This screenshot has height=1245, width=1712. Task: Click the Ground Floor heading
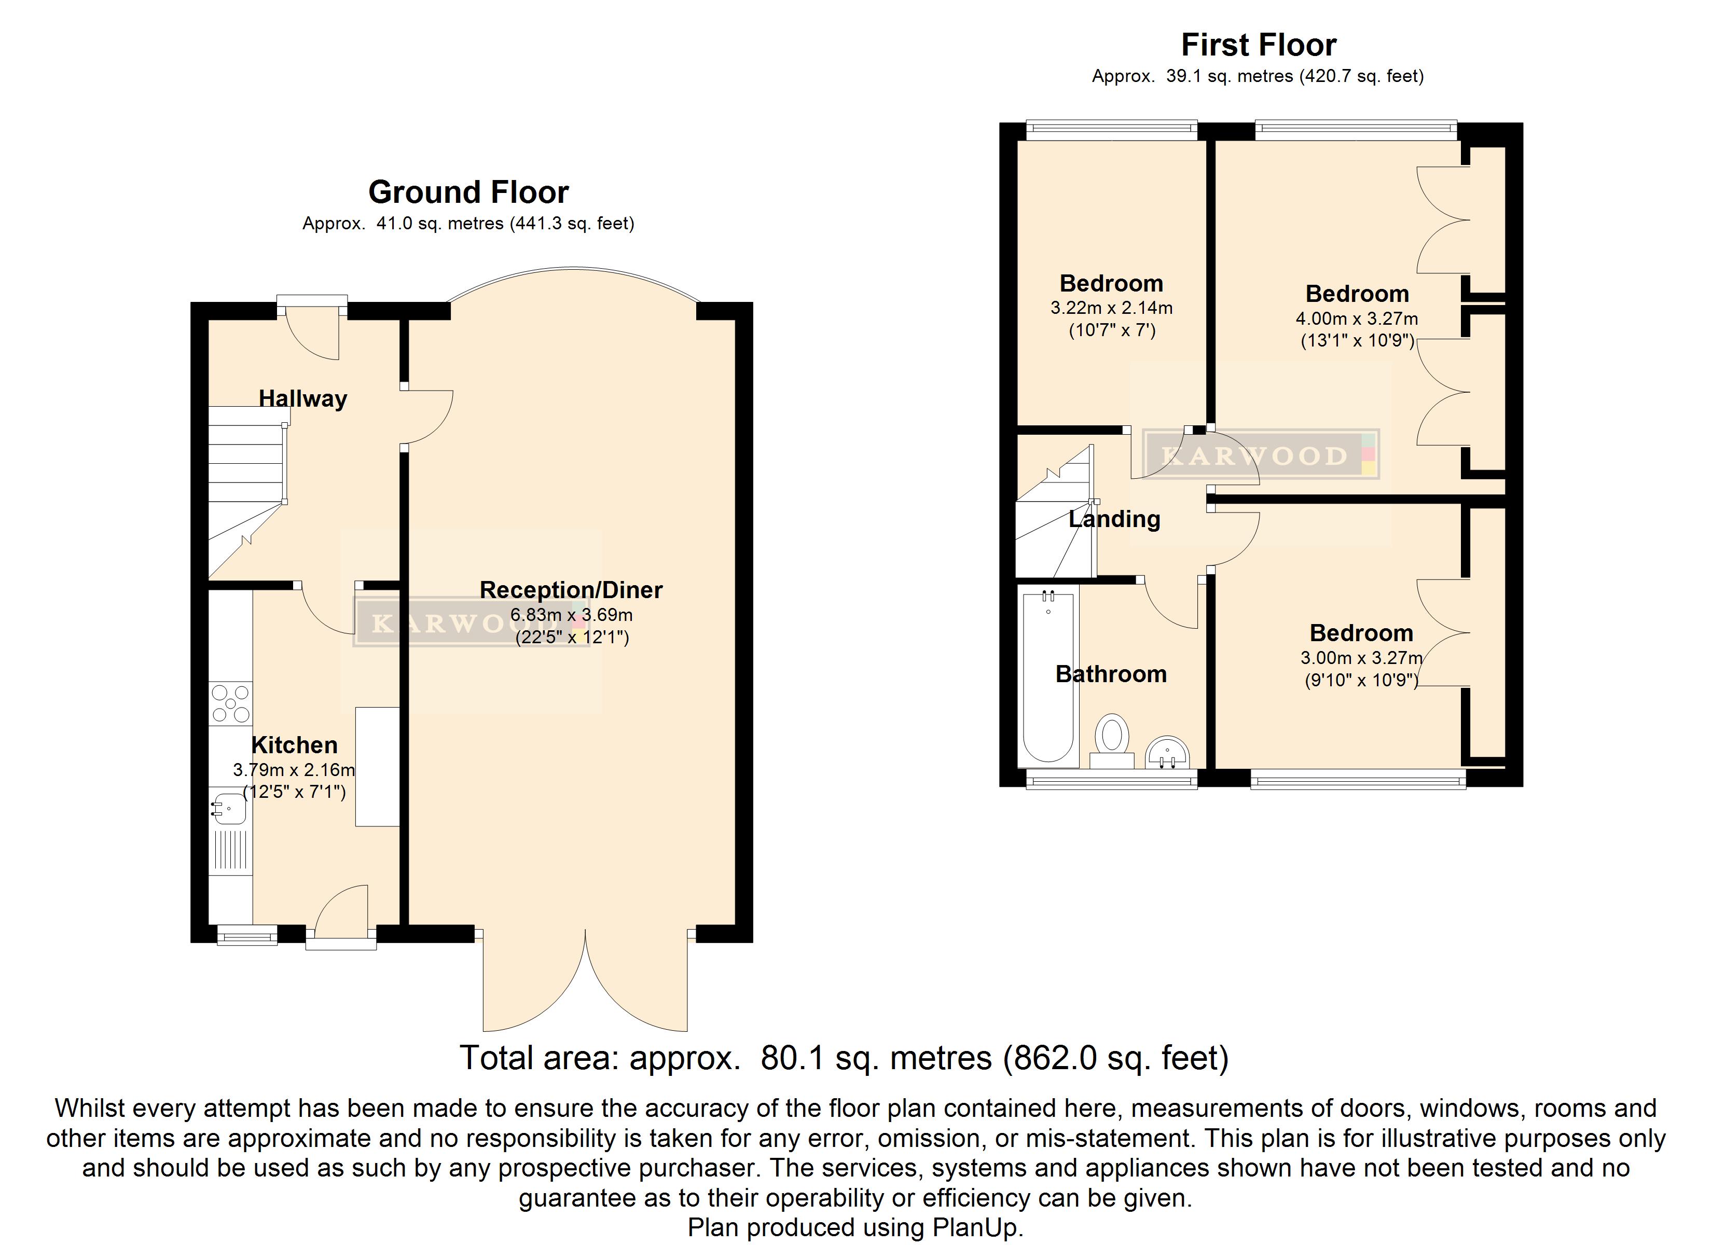(x=468, y=192)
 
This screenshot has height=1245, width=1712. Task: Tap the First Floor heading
(x=1259, y=45)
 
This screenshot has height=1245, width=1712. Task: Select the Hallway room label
(x=302, y=398)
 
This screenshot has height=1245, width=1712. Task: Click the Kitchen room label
(x=294, y=745)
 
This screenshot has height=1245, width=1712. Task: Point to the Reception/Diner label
(x=571, y=590)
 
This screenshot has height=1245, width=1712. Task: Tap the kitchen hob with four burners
(x=231, y=703)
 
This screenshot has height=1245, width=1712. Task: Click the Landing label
(x=1114, y=519)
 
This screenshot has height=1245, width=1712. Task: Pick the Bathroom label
(x=1111, y=674)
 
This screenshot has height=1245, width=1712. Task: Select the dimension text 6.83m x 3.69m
(x=571, y=615)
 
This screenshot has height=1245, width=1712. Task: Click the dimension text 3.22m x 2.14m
(x=1111, y=308)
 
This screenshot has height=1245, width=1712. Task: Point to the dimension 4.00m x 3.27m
(x=1357, y=319)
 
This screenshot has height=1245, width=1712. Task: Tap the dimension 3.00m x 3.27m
(x=1361, y=658)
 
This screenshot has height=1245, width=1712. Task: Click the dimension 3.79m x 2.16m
(x=294, y=770)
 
